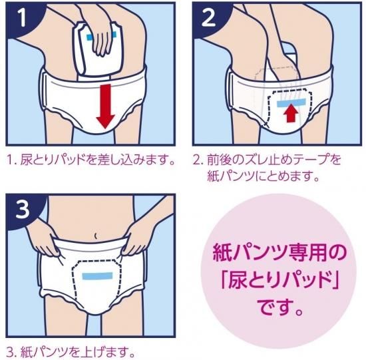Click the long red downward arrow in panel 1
pos(106,106)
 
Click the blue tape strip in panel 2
pos(291,102)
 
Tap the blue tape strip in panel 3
pos(97,276)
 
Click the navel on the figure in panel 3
pos(95,236)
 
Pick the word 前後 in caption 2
pos(215,160)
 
